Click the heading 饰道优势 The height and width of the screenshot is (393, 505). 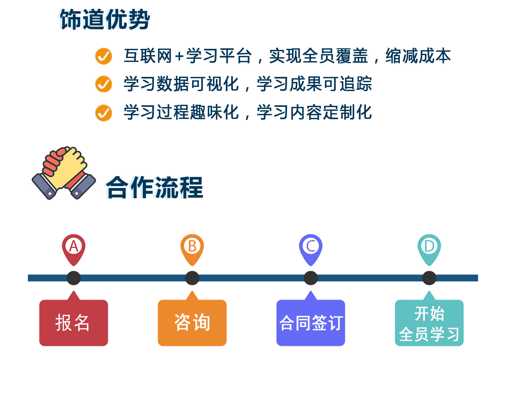(105, 19)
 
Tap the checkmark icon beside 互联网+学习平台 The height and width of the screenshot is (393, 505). (103, 56)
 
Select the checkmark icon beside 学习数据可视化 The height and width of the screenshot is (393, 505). (103, 84)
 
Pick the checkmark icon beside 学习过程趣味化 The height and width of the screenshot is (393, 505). (103, 113)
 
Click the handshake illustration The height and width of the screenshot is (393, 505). (64, 173)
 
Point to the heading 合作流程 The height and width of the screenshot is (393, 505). (155, 187)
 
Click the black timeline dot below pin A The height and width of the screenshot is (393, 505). (74, 278)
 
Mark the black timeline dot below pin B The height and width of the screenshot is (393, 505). (192, 278)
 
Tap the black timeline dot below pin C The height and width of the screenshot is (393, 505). (311, 278)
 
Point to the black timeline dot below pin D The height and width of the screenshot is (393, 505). (429, 278)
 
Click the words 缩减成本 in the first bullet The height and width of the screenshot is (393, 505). (418, 56)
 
